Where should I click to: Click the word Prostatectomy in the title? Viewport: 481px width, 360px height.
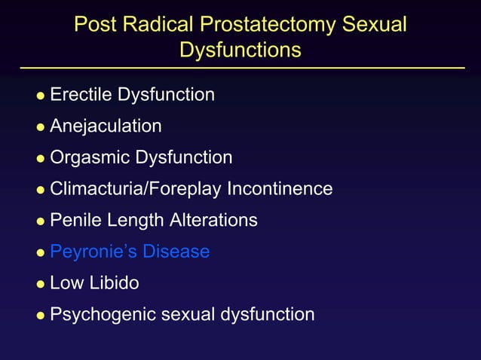(269, 25)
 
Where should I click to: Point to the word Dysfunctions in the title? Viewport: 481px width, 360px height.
(240, 50)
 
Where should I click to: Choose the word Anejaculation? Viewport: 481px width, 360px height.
(106, 126)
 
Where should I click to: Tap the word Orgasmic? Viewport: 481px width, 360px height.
(90, 157)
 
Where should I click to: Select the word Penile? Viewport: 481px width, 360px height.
(73, 220)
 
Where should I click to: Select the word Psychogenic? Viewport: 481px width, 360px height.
(98, 315)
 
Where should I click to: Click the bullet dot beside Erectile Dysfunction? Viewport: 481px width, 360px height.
(41, 96)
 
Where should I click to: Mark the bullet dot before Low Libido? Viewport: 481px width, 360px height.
(41, 285)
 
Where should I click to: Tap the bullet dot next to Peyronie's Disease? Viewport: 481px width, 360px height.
(41, 253)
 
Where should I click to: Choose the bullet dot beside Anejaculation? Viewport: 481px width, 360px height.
(41, 127)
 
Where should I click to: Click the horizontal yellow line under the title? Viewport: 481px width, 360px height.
(240, 68)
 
